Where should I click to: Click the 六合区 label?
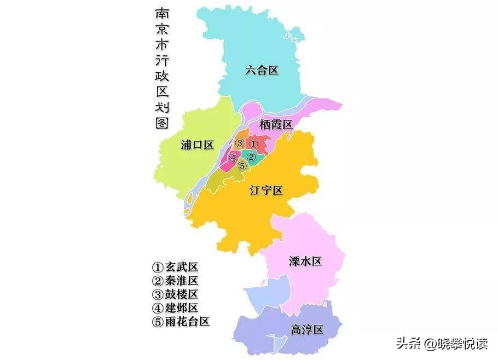point(262,70)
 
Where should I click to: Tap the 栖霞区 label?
point(276,125)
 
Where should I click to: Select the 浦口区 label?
point(197,145)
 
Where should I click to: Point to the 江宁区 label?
point(266,190)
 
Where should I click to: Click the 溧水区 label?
point(305,261)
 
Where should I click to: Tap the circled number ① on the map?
point(253,143)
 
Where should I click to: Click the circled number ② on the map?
point(251,157)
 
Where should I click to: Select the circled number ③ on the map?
point(240,143)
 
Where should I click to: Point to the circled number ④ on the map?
point(234,158)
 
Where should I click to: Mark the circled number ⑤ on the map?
point(242,166)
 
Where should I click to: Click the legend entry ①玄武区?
point(175,268)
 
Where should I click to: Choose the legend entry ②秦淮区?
point(175,281)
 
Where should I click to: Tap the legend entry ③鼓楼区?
point(175,294)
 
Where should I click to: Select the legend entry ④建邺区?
point(175,308)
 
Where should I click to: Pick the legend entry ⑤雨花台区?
point(181,322)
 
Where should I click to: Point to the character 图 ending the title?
point(161,123)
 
